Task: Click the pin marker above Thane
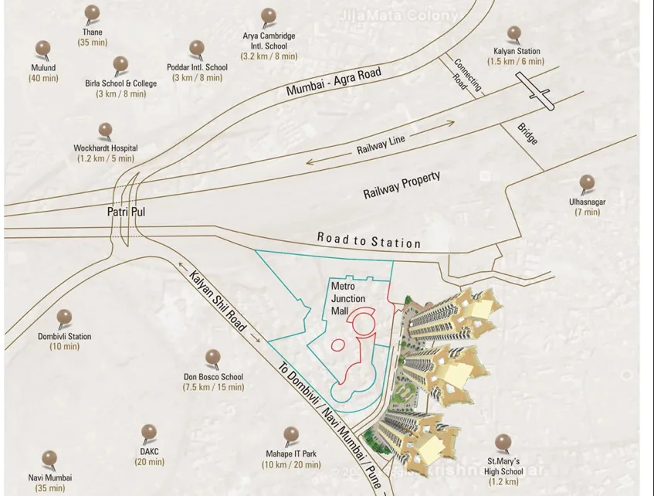pos(92,12)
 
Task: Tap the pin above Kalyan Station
pos(514,34)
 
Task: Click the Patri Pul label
pos(122,209)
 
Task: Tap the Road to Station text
pos(369,240)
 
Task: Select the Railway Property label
pos(402,186)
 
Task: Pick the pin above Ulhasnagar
pos(587,183)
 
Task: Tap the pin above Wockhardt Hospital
pos(105,131)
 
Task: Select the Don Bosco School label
pos(213,382)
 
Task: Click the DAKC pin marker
pos(149,432)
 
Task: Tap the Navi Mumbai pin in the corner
pos(49,458)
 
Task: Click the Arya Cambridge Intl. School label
pos(269,46)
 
